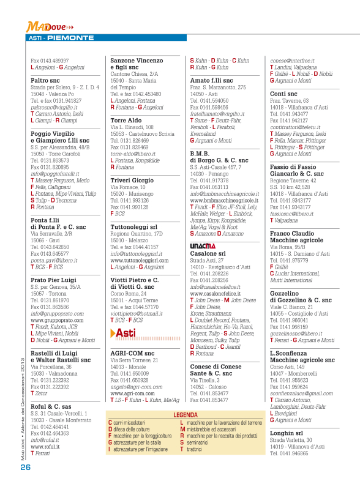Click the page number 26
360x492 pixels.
[25, 466]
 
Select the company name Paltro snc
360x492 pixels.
[45, 80]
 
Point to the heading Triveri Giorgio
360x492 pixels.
[132, 181]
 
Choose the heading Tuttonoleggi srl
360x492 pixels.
[133, 227]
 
